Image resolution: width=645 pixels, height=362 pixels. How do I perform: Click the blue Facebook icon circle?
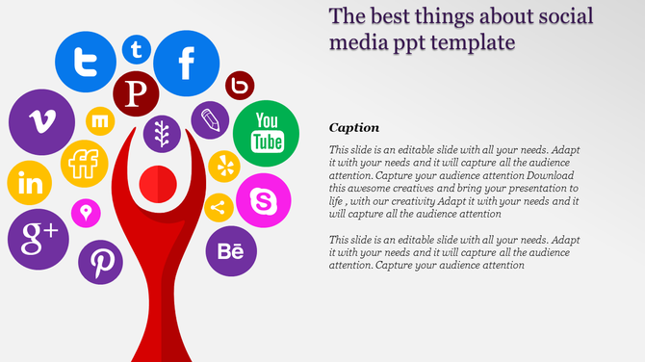click(186, 65)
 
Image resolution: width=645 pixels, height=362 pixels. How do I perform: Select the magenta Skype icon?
click(263, 201)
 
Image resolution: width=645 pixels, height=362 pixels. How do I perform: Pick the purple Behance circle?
click(231, 251)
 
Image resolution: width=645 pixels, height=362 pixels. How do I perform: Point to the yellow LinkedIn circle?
click(29, 184)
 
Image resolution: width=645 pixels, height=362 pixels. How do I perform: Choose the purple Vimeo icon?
click(41, 122)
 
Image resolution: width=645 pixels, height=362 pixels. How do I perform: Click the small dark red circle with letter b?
click(240, 86)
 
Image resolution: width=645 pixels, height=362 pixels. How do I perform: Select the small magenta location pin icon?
click(86, 212)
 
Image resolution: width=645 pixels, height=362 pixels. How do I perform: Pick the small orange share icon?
click(219, 207)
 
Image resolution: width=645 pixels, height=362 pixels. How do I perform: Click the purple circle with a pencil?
click(210, 121)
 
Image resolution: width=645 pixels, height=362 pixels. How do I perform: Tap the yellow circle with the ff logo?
click(84, 164)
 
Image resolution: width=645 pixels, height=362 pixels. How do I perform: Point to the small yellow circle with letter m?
click(100, 121)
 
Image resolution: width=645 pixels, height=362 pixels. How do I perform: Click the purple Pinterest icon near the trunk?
click(101, 261)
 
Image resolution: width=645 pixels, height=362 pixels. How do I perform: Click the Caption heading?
click(353, 127)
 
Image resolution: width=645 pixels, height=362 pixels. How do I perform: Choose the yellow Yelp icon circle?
click(224, 166)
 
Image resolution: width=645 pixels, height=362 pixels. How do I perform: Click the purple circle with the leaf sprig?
click(163, 133)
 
